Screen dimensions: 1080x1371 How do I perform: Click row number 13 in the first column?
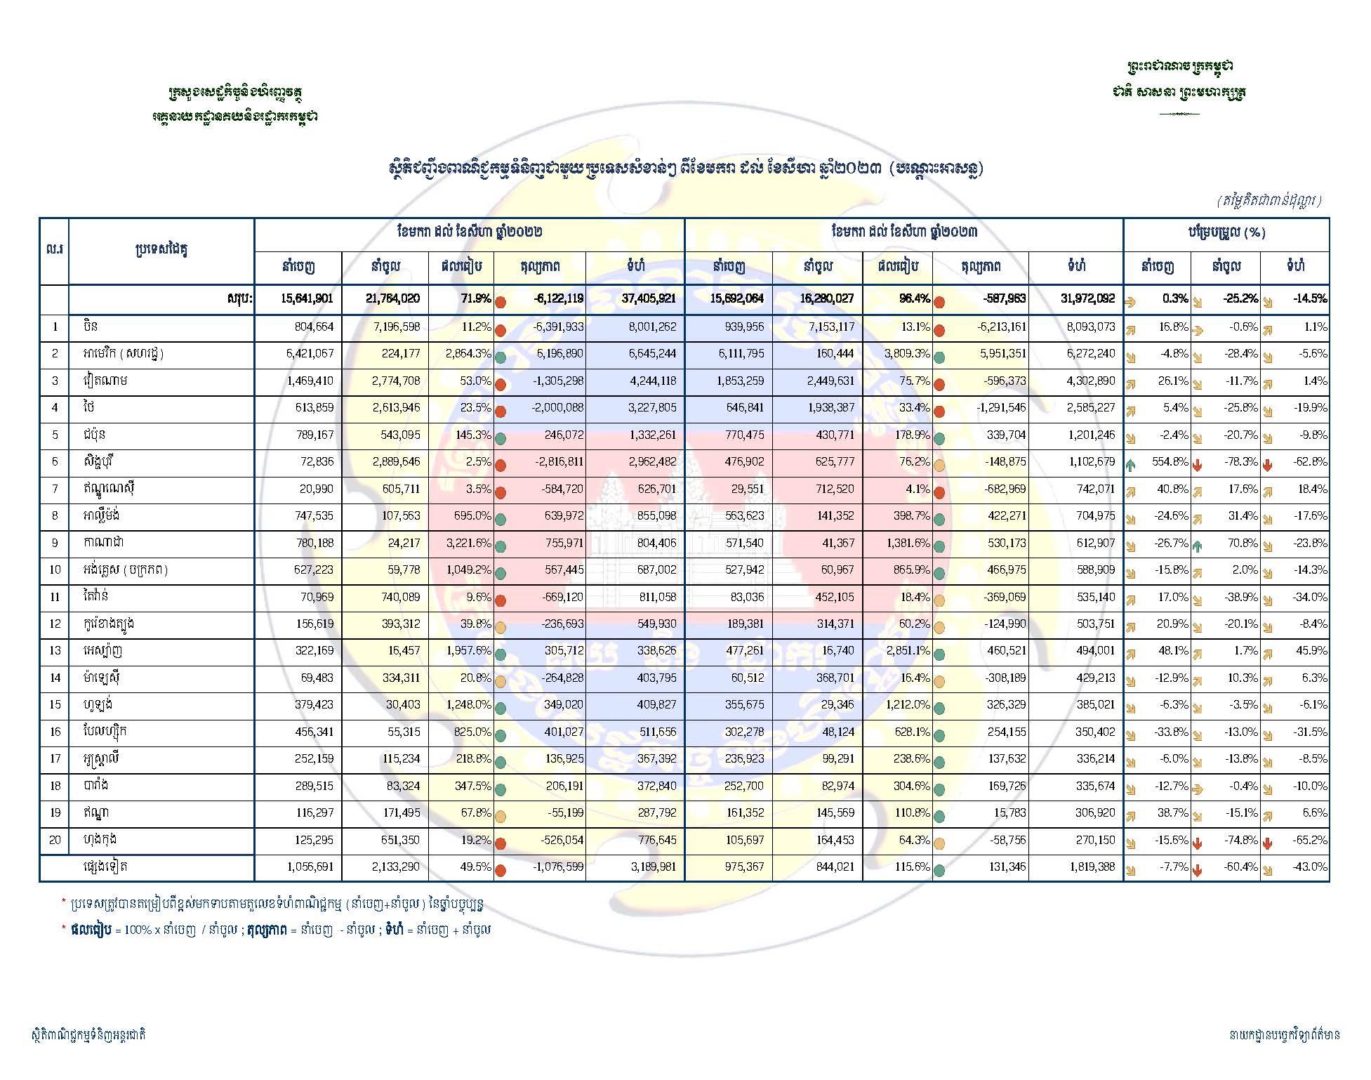coord(55,651)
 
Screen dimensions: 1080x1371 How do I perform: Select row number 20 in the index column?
coord(55,840)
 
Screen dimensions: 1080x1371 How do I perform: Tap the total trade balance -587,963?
coord(1001,298)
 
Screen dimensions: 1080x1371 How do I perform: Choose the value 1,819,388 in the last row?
coord(1089,867)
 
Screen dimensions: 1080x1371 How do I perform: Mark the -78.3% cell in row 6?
coord(1240,462)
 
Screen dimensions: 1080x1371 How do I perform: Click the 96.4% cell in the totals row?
coord(913,298)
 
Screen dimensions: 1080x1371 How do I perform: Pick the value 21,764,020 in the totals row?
coord(392,298)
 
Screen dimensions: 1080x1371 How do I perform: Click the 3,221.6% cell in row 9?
coord(470,543)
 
